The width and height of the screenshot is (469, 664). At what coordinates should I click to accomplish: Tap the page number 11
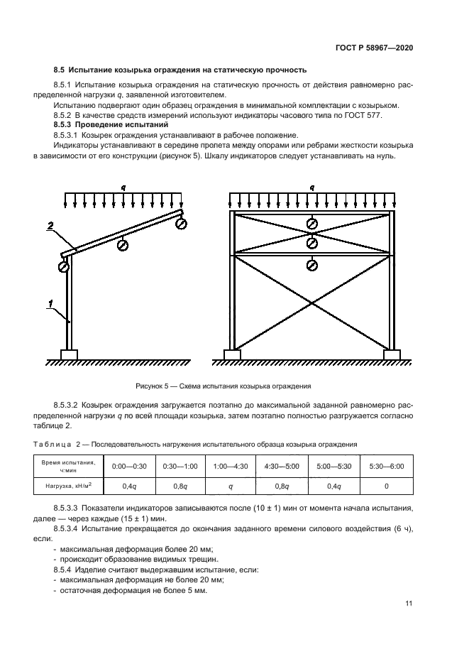point(409,604)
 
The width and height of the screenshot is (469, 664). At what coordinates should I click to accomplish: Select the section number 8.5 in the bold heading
point(59,70)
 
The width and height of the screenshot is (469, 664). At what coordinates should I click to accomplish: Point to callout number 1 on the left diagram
point(49,305)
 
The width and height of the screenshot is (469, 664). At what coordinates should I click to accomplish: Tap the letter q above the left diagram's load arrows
point(123,187)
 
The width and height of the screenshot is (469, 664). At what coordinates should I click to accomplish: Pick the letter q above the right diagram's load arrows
point(312,187)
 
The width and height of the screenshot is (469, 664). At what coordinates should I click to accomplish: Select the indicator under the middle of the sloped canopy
point(123,245)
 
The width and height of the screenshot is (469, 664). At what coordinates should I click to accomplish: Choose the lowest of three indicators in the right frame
point(311,266)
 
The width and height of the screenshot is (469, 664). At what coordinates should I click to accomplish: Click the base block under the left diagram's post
point(69,354)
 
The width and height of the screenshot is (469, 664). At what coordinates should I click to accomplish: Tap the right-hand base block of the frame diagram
point(391,354)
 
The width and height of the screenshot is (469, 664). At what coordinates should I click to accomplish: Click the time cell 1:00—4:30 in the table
point(231,466)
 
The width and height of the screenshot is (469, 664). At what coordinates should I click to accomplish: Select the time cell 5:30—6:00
point(387,466)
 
